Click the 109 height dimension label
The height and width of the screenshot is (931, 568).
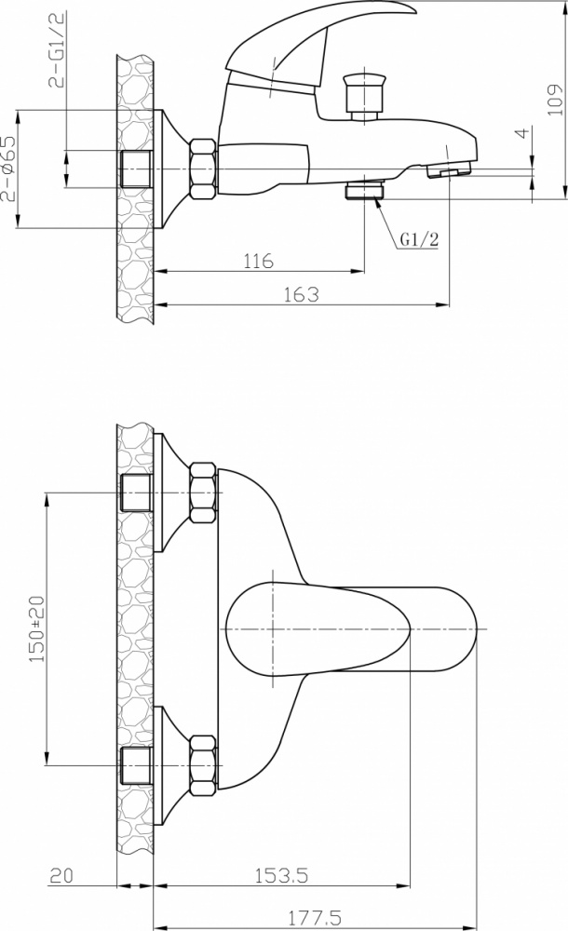[555, 100]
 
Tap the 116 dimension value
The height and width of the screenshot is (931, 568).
[259, 261]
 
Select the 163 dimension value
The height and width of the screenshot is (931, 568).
[301, 294]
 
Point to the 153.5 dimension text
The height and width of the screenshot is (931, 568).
[281, 875]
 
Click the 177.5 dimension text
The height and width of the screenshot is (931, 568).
[315, 919]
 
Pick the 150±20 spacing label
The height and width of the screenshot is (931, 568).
[37, 628]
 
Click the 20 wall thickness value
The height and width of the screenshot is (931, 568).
[61, 875]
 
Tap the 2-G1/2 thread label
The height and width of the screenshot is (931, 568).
[58, 49]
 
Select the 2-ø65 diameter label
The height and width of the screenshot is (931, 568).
[8, 169]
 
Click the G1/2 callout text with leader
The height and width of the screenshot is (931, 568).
[419, 239]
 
